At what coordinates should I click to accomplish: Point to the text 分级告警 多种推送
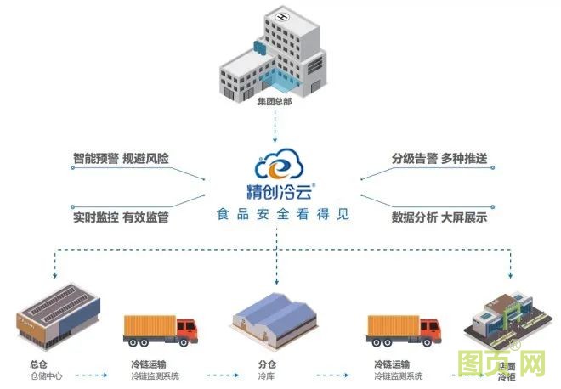pyautogui.click(x=439, y=159)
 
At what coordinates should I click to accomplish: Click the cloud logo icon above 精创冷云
pyautogui.click(x=275, y=160)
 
